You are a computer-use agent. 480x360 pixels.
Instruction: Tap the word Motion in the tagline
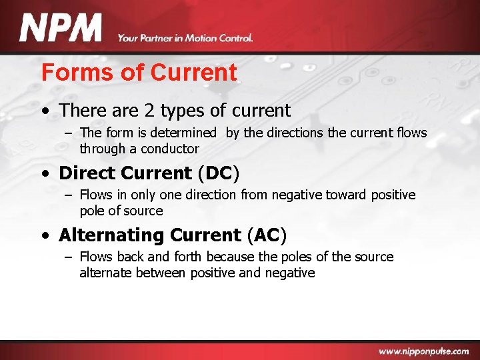pyautogui.click(x=195, y=38)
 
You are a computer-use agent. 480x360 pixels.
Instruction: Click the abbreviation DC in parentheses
pyautogui.click(x=218, y=173)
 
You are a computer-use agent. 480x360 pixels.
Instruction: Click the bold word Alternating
pyautogui.click(x=111, y=235)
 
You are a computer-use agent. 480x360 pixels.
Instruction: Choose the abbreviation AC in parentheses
pyautogui.click(x=266, y=235)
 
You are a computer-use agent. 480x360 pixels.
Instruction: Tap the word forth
pyautogui.click(x=189, y=257)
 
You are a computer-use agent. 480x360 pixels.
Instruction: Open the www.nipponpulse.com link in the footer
pyautogui.click(x=424, y=351)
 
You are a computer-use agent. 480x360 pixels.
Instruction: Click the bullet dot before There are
pyautogui.click(x=45, y=111)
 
